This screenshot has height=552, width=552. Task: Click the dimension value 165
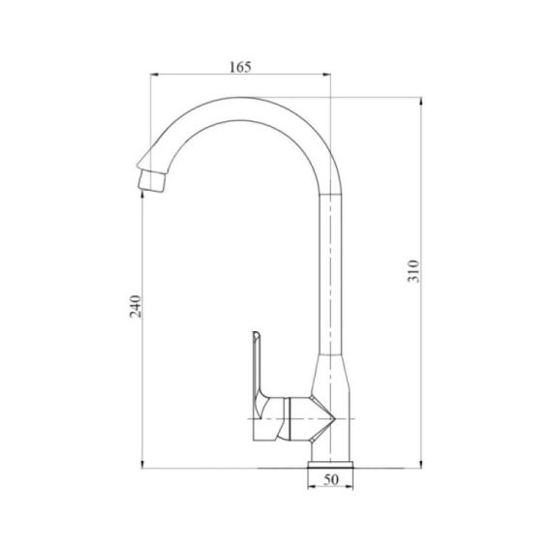click(x=241, y=67)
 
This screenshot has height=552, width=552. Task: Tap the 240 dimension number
click(x=137, y=305)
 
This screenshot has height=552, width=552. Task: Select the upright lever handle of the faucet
click(x=260, y=368)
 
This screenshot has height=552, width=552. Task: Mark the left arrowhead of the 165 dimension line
click(x=153, y=77)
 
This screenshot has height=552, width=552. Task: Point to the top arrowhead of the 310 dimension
click(x=422, y=100)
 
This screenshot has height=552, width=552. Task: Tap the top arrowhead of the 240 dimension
click(x=142, y=189)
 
